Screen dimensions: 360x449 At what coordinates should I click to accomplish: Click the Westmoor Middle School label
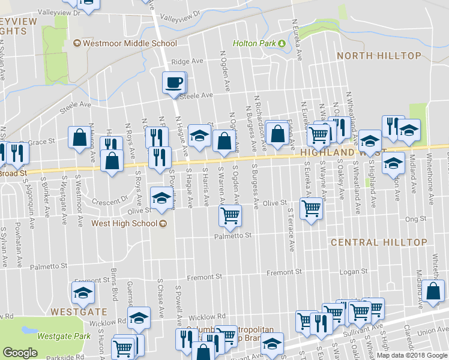[x=130, y=43]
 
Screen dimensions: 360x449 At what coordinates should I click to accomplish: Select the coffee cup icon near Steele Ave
[x=174, y=82]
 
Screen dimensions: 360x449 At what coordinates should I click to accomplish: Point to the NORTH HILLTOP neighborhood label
[x=379, y=56]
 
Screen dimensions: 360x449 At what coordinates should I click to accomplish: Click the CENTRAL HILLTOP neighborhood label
[x=371, y=242]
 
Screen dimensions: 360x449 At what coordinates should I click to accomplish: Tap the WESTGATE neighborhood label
[x=79, y=312]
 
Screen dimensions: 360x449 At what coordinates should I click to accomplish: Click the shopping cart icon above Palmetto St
[x=230, y=216]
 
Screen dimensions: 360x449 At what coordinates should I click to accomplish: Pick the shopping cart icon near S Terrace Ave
[x=311, y=209]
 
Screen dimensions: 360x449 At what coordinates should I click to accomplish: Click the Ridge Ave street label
[x=187, y=62]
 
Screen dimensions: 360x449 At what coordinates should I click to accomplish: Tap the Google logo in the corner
[x=20, y=353]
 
